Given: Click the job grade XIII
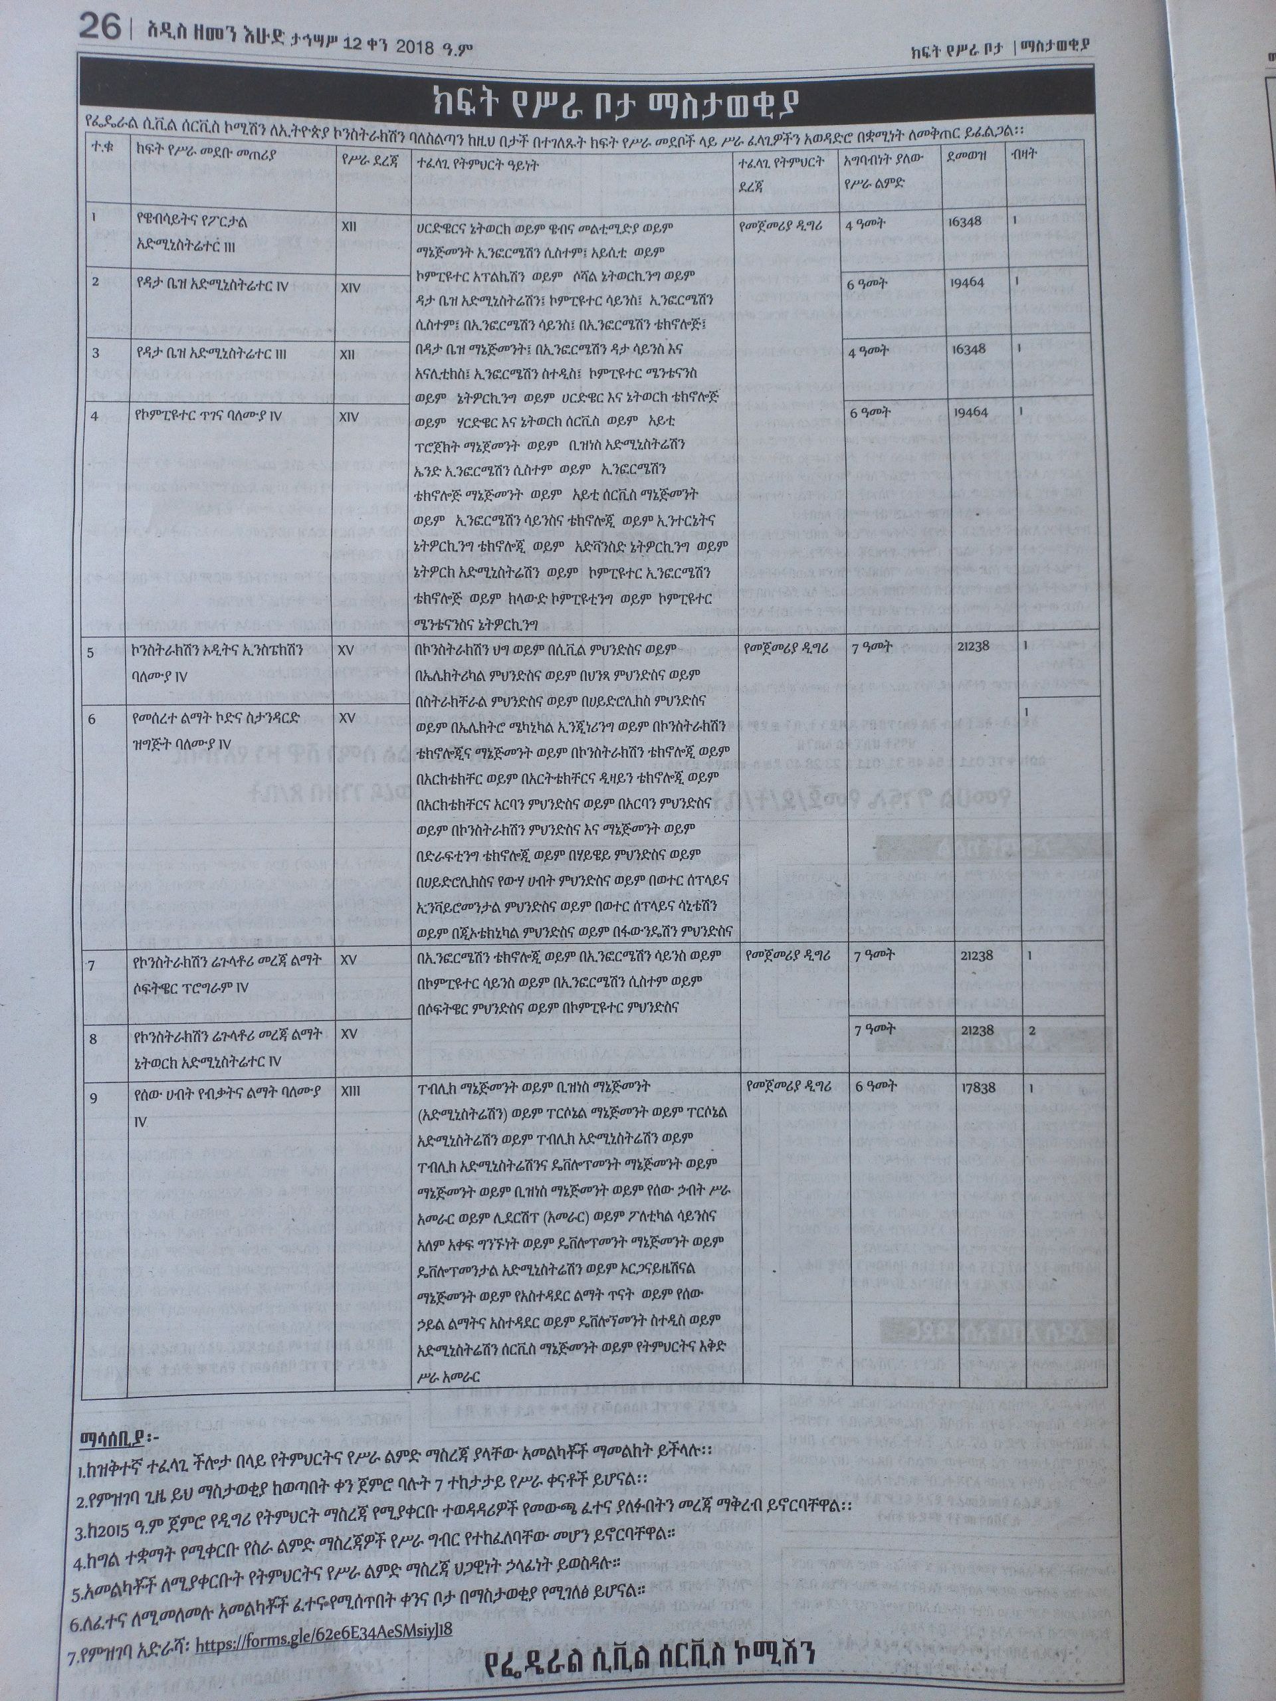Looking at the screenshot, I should [x=352, y=1090].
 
